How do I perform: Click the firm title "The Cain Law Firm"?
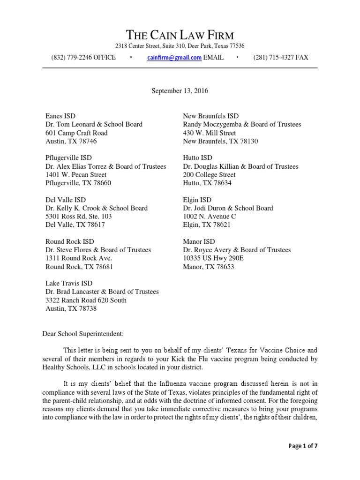click(180, 35)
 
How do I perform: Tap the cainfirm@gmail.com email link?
click(174, 58)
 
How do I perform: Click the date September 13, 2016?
click(180, 91)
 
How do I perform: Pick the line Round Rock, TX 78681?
click(79, 267)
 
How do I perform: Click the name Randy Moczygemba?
click(209, 125)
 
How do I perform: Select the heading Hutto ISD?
click(197, 158)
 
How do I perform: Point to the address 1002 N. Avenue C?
click(209, 217)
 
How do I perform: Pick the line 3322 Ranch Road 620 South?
click(86, 300)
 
